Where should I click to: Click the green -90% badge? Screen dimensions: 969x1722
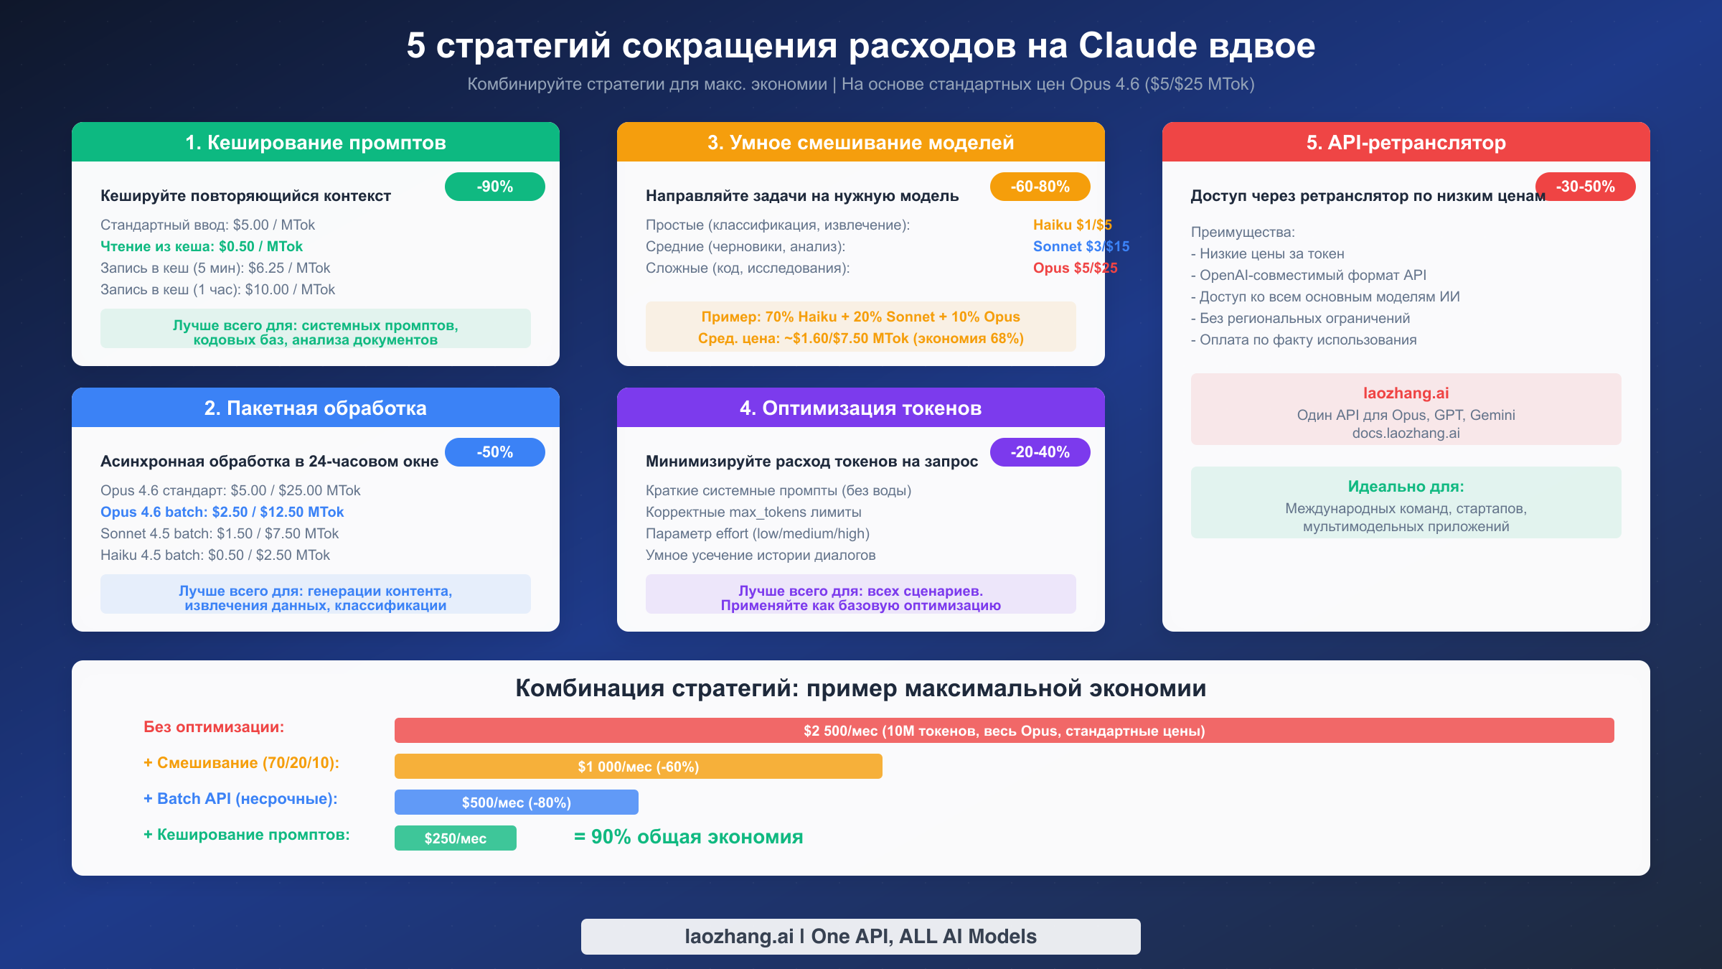pos(494,187)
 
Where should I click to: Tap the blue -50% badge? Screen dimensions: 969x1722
pos(494,452)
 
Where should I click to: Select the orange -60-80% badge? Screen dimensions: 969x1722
pos(1040,187)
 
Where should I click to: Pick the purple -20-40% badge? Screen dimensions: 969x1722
pos(1040,452)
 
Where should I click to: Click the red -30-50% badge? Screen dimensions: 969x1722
pos(1585,187)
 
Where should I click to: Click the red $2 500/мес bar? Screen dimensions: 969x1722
pos(1004,731)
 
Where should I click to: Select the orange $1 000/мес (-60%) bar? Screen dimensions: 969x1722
pos(638,767)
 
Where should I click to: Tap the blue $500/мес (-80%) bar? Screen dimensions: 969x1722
pos(516,802)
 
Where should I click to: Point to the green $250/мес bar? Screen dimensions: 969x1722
pos(455,838)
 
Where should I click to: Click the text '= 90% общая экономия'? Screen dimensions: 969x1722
pos(688,837)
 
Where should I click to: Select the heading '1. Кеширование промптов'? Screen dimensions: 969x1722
pos(316,142)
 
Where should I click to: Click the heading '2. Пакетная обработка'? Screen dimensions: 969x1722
pos(316,408)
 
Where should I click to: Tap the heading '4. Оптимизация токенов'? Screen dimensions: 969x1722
pos(860,408)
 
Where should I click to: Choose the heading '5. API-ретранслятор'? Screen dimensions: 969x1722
pos(1406,142)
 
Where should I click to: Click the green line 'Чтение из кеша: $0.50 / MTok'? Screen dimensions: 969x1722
pos(202,246)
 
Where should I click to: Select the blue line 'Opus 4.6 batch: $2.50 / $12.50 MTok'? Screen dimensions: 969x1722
pos(222,512)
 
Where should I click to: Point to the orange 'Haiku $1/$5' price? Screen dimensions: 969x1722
pos(1072,225)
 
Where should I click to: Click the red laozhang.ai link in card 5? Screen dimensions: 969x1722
pos(1406,393)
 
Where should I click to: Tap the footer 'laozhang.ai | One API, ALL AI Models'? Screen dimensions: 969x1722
pos(860,936)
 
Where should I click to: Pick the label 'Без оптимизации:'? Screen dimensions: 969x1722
pos(214,727)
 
